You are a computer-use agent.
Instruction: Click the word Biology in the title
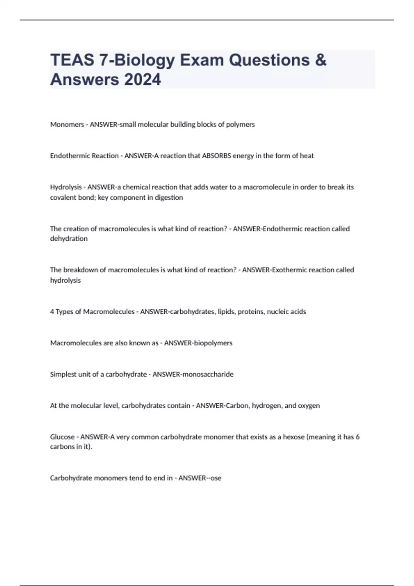point(144,60)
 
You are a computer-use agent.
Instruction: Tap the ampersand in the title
point(321,60)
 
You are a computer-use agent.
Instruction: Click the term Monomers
point(67,124)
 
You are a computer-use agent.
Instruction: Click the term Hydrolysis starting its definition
point(66,187)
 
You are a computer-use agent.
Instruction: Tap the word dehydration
point(69,239)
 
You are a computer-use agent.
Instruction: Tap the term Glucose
point(62,437)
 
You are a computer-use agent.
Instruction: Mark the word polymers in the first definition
point(240,124)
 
